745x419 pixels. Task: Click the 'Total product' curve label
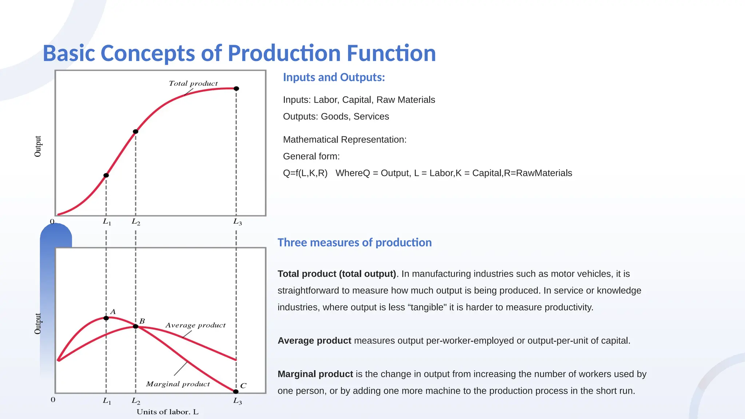pyautogui.click(x=193, y=83)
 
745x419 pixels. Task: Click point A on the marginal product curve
pyautogui.click(x=106, y=318)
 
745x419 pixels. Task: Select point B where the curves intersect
pyautogui.click(x=136, y=326)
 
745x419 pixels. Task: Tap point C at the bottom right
pyautogui.click(x=236, y=391)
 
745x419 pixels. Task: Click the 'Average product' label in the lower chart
pyautogui.click(x=195, y=325)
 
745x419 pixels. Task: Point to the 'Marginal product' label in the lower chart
pyautogui.click(x=178, y=384)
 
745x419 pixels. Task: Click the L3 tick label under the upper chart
pyautogui.click(x=238, y=222)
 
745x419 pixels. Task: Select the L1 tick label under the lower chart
pyautogui.click(x=107, y=401)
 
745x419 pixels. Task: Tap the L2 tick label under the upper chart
pyautogui.click(x=136, y=222)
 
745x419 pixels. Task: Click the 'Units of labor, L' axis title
pyautogui.click(x=167, y=412)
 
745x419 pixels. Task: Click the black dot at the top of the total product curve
pyautogui.click(x=236, y=88)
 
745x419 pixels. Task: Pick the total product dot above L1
pyautogui.click(x=106, y=175)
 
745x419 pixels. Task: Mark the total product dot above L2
pyautogui.click(x=136, y=131)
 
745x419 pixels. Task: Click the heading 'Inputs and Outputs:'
pyautogui.click(x=334, y=77)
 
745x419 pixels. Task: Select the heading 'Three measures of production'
pyautogui.click(x=354, y=242)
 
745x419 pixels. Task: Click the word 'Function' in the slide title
pyautogui.click(x=391, y=53)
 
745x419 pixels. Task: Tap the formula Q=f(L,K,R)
pyautogui.click(x=305, y=173)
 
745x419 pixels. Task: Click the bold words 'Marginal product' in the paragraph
pyautogui.click(x=315, y=374)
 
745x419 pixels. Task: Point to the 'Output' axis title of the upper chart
pyautogui.click(x=38, y=147)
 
